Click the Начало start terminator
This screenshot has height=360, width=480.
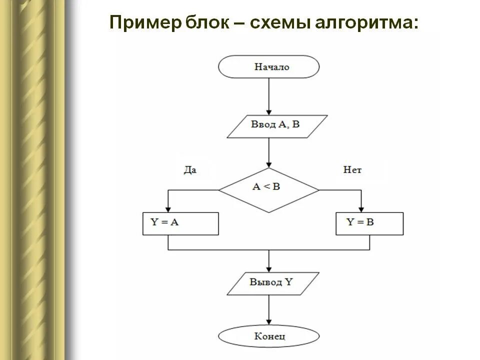click(268, 66)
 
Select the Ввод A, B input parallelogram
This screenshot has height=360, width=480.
click(277, 126)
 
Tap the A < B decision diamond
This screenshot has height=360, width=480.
click(268, 190)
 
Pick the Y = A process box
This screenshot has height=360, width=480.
click(180, 223)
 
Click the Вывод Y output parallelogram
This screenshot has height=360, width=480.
click(272, 283)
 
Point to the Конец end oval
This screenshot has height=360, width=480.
click(268, 336)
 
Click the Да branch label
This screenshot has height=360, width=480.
click(190, 170)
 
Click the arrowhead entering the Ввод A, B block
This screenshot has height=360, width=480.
click(268, 111)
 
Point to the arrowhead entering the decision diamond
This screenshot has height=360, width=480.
click(268, 164)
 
